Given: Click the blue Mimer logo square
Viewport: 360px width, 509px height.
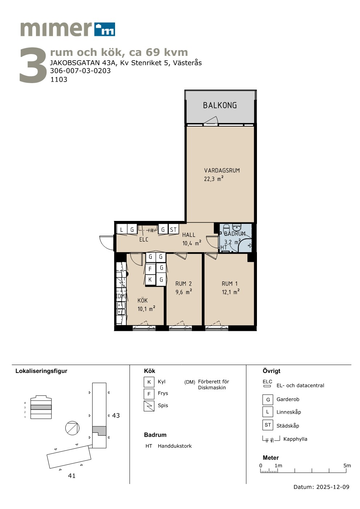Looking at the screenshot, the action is (x=105, y=29).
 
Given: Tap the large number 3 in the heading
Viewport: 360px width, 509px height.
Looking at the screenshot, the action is (x=33, y=65).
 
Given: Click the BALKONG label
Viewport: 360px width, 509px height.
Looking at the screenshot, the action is (x=220, y=105).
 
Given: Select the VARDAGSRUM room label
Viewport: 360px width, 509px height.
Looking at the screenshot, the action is (x=222, y=171).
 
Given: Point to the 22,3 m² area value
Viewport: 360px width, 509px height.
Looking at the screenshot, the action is (x=214, y=179).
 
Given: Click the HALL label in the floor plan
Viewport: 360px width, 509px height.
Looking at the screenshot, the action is (x=189, y=235).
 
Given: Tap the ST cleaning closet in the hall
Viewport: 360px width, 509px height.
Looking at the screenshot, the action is (x=173, y=230).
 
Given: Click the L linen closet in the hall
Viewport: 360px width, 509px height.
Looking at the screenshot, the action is (x=122, y=230).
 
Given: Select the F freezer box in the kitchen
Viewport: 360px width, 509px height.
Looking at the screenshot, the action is (x=150, y=269).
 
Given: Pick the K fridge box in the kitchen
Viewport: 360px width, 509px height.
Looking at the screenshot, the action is (x=150, y=280).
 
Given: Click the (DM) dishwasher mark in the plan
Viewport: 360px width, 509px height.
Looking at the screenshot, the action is (x=121, y=296).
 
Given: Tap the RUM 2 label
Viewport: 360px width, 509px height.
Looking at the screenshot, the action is (x=183, y=284).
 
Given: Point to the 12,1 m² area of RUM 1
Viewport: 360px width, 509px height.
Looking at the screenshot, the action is (x=231, y=292).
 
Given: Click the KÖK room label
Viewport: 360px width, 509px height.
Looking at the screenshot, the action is (x=143, y=300).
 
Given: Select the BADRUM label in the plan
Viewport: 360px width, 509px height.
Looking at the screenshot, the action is (x=235, y=234).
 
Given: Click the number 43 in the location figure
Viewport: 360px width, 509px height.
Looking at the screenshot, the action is (x=116, y=415).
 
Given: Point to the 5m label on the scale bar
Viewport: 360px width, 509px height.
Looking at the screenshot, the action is (x=347, y=465).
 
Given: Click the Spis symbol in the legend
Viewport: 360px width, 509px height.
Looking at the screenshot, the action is (x=149, y=406).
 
